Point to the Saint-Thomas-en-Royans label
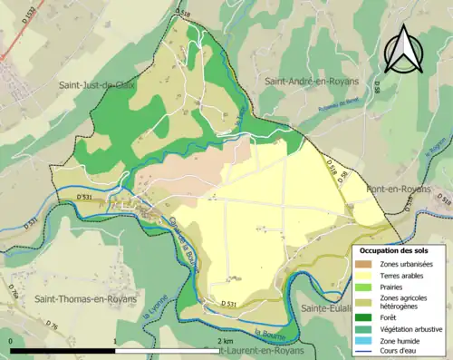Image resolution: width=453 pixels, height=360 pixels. pos(85,298)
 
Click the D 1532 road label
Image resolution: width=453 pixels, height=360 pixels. pos(22,37)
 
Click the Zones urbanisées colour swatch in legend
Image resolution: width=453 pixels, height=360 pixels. pos(366,263)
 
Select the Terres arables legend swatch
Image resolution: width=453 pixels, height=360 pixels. pos(366,275)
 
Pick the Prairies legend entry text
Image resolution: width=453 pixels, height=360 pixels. pos(394,286)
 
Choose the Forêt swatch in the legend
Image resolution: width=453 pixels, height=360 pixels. pos(366,316)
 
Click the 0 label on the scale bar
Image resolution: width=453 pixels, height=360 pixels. pos(10,341)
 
